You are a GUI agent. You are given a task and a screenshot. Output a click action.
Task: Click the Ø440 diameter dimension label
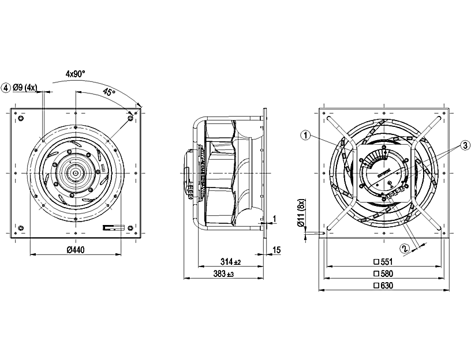click(x=76, y=250)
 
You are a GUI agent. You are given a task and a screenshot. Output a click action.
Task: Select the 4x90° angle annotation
click(x=75, y=74)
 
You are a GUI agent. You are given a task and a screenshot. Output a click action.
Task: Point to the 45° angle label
click(x=109, y=92)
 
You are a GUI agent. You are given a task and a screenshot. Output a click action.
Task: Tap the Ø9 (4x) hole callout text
click(x=26, y=88)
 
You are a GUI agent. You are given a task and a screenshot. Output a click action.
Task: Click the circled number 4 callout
click(x=6, y=88)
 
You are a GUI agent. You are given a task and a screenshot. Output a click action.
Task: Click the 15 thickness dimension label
click(x=276, y=250)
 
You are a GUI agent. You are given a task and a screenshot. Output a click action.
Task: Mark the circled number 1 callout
click(x=306, y=135)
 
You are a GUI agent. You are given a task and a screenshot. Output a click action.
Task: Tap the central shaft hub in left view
click(x=75, y=172)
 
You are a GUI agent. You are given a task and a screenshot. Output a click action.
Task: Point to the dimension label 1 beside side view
click(x=275, y=218)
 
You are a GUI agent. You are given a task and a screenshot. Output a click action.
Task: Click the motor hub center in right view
click(x=384, y=172)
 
